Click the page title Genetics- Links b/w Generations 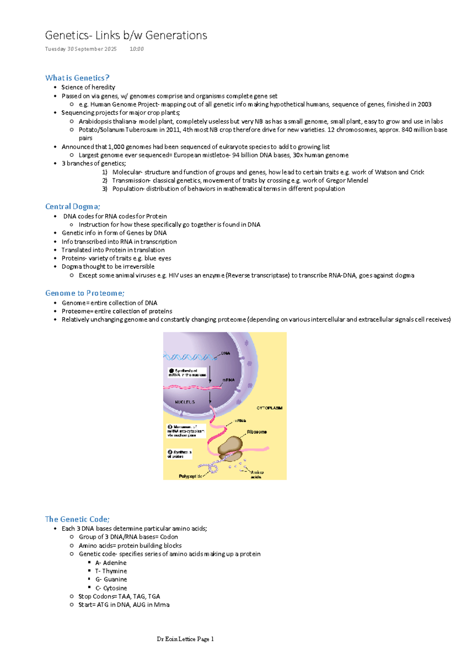tap(126, 35)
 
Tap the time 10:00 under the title tap(136, 49)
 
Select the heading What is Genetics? tap(77, 78)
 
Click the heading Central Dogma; tap(73, 206)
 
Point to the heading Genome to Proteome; tap(85, 293)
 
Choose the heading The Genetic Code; tap(77, 519)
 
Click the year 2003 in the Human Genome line tap(424, 104)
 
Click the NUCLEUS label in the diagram tap(185, 402)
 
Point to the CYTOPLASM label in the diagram tap(269, 408)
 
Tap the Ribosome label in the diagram tap(257, 432)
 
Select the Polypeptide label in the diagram tap(190, 476)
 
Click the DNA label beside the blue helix tap(226, 353)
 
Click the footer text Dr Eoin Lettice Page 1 tap(185, 639)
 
